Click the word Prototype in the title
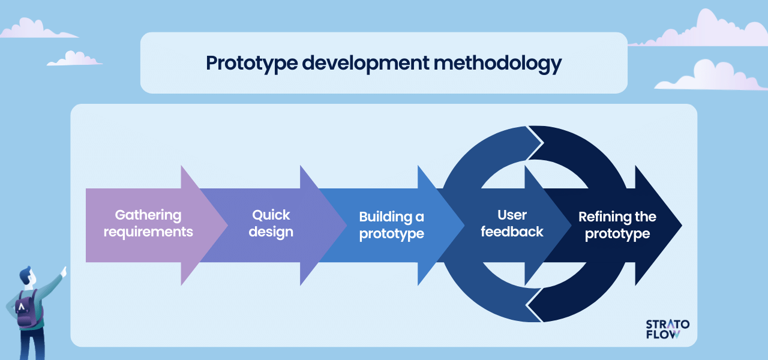pyautogui.click(x=251, y=64)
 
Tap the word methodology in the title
pyautogui.click(x=497, y=64)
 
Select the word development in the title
pyautogui.click(x=365, y=64)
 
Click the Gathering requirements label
pyautogui.click(x=148, y=224)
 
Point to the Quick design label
pyautogui.click(x=271, y=224)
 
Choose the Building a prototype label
pyautogui.click(x=392, y=225)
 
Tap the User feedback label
pyautogui.click(x=512, y=224)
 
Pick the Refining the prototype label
pyautogui.click(x=617, y=225)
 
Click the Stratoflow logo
pyautogui.click(x=668, y=329)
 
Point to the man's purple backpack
pyautogui.click(x=28, y=309)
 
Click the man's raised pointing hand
pyautogui.click(x=64, y=272)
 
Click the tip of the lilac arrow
pyautogui.click(x=227, y=225)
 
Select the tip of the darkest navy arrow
pyautogui.click(x=682, y=225)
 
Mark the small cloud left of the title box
pyautogui.click(x=74, y=58)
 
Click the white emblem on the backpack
pyautogui.click(x=22, y=307)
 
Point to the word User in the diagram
pyautogui.click(x=512, y=215)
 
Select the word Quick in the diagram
pyautogui.click(x=271, y=215)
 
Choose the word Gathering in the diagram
pyautogui.click(x=148, y=215)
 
